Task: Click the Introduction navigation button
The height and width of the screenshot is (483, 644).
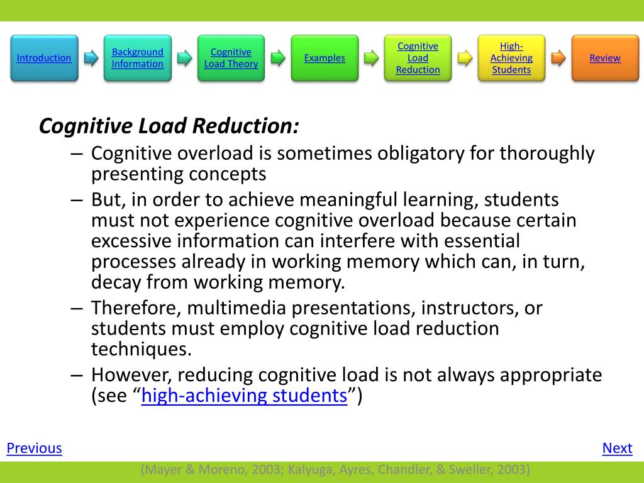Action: pos(44,58)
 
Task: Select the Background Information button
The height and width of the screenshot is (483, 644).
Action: pos(137,58)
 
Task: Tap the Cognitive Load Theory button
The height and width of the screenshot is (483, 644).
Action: pos(231,58)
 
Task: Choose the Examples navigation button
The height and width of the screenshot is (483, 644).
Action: pos(325,58)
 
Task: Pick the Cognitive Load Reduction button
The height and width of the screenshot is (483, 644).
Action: pos(418,58)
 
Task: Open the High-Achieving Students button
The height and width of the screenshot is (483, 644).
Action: pos(511,58)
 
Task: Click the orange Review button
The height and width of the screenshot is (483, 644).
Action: pos(604,58)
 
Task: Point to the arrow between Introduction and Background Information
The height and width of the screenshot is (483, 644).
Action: pos(91,58)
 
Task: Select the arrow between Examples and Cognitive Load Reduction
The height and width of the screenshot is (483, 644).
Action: pos(372,58)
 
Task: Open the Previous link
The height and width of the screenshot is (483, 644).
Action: pos(34,448)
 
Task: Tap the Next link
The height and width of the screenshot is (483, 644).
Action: pos(617,448)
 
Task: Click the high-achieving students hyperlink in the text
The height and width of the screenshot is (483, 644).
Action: pos(244,397)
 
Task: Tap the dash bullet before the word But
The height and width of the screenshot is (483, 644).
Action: pos(77,200)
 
